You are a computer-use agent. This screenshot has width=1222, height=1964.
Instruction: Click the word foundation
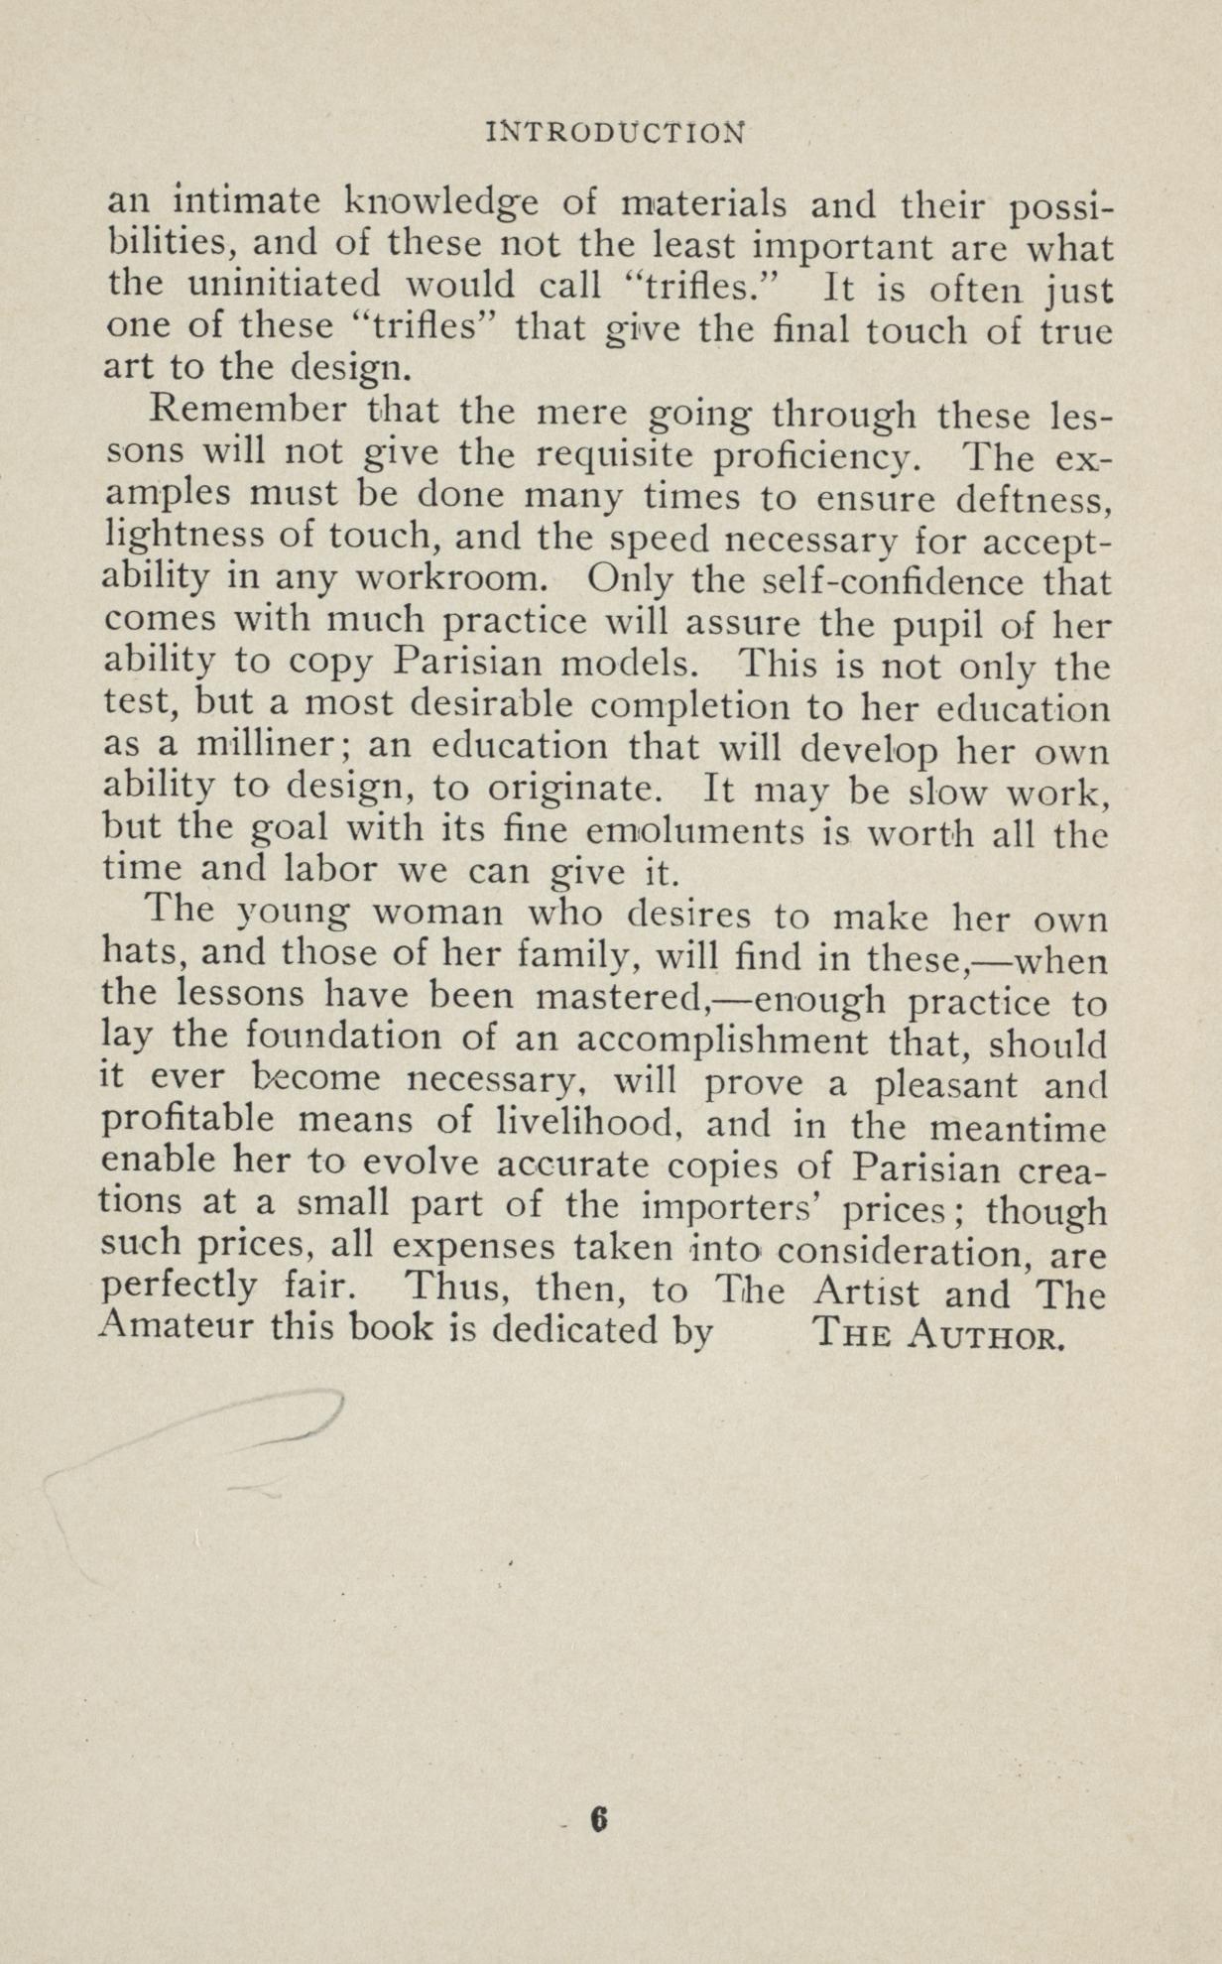[328, 1041]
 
